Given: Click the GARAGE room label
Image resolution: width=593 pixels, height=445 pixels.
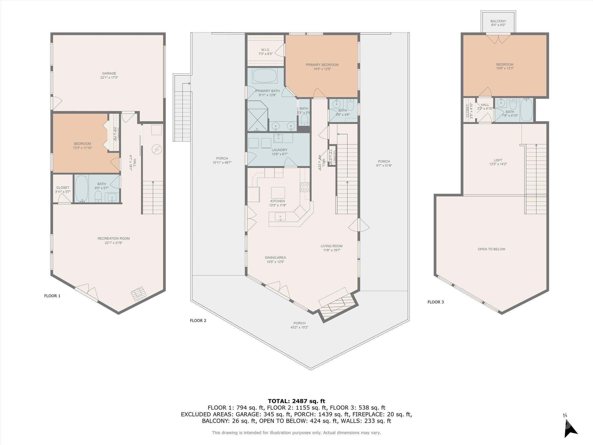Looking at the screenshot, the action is [109, 74].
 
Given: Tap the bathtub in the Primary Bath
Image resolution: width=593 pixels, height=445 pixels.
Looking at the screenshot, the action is [265, 76].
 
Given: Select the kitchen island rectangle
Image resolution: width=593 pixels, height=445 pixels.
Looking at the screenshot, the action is [278, 193].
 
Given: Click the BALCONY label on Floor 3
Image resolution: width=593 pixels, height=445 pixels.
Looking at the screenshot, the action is [498, 21].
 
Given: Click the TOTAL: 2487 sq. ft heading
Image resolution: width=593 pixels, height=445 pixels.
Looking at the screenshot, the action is [296, 401].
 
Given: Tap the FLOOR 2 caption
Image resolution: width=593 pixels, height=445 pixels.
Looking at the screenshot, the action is [198, 320].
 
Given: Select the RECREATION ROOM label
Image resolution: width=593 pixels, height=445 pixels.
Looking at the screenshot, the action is [114, 239].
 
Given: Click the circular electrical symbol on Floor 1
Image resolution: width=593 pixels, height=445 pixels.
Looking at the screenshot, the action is [157, 149].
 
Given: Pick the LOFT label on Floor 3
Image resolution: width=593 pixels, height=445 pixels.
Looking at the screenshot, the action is [498, 160].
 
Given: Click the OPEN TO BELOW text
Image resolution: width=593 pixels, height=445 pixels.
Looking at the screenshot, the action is [491, 249].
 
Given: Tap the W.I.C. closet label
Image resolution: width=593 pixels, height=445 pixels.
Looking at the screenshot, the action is [266, 50].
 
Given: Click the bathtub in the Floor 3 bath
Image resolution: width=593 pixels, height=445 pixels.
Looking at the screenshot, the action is [526, 110].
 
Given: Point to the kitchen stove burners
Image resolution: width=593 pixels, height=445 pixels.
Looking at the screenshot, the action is [305, 187].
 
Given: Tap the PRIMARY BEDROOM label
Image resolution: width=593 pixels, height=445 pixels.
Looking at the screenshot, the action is [322, 65].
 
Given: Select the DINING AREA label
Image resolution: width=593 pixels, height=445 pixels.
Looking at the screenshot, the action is [275, 258].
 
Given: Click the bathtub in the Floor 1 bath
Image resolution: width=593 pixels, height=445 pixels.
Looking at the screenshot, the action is [82, 189].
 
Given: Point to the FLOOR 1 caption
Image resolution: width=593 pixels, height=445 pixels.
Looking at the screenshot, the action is [52, 296].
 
